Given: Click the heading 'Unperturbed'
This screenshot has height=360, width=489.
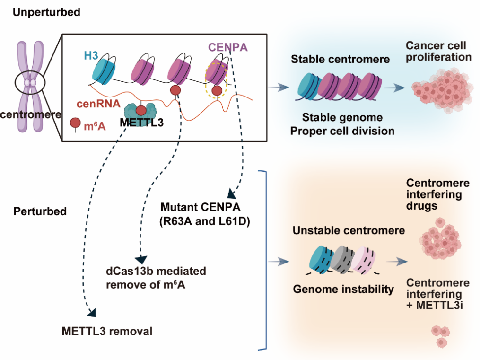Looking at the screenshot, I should (46, 12).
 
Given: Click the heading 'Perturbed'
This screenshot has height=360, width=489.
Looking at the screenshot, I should (40, 211).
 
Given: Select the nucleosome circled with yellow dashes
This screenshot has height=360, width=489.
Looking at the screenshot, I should (216, 73).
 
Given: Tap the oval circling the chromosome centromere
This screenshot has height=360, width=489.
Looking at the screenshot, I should (30, 84).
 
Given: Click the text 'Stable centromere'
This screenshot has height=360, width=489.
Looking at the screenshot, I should (340, 60).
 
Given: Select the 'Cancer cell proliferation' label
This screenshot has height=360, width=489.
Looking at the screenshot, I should (438, 52).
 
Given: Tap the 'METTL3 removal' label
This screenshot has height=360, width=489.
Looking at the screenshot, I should (107, 331).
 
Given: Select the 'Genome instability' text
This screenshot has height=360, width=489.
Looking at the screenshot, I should (343, 289).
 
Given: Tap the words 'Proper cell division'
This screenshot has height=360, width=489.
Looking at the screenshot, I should (342, 131).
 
